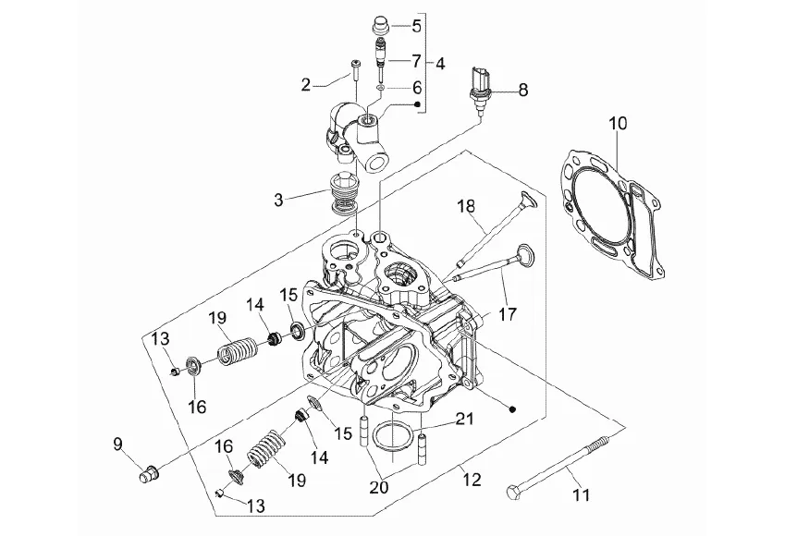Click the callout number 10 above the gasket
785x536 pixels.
[619, 123]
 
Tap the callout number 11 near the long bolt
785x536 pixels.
[582, 494]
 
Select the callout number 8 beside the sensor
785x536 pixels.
[522, 90]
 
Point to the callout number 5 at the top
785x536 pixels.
[416, 26]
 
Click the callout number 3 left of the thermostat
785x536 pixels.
[278, 200]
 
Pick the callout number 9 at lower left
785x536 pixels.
[117, 444]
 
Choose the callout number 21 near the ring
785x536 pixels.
[464, 419]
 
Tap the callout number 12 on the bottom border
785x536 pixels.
[472, 480]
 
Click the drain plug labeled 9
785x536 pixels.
[148, 473]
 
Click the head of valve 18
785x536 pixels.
[529, 200]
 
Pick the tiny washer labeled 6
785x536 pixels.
[381, 89]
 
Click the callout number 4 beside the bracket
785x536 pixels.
[439, 64]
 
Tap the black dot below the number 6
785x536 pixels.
[416, 104]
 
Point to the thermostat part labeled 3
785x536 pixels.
[345, 194]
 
